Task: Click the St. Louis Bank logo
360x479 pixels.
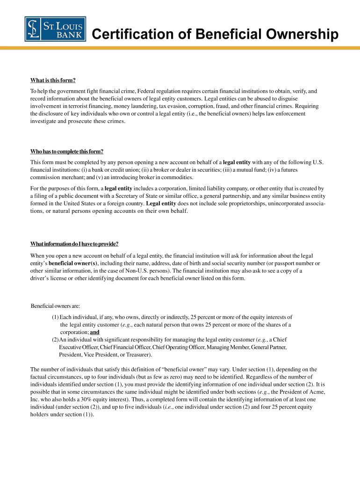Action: (55, 29)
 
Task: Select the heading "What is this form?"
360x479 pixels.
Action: (53, 80)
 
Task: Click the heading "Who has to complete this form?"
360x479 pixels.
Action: (66, 151)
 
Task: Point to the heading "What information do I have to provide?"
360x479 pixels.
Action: (74, 244)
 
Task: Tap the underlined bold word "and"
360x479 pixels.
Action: (95, 332)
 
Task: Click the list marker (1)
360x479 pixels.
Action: (55, 317)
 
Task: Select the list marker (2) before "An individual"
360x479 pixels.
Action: (55, 340)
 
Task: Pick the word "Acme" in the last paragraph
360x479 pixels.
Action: (317, 392)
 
